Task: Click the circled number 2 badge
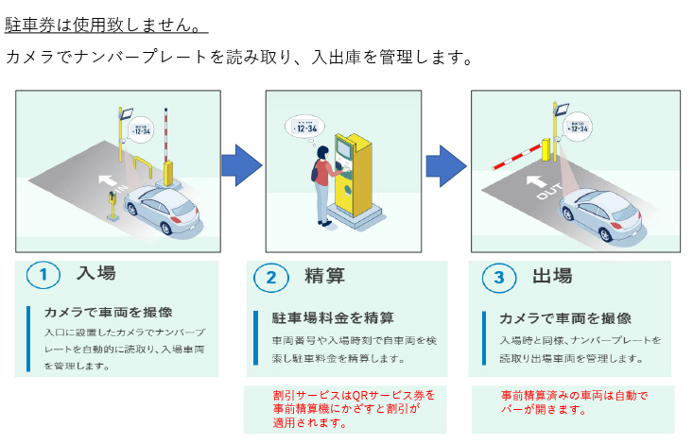270,277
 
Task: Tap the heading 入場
96,274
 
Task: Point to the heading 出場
552,276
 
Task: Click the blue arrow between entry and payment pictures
242,166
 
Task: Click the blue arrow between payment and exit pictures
445,166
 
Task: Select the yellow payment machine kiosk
356,176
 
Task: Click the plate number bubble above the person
304,128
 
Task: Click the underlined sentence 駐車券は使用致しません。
106,21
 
